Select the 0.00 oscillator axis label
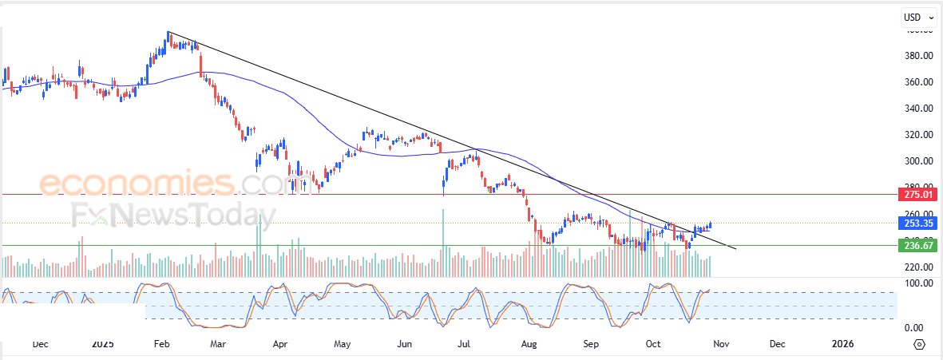point(913,328)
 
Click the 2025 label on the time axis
point(102,344)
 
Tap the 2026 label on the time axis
point(842,344)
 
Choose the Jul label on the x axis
point(464,344)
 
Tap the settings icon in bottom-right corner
point(919,344)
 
